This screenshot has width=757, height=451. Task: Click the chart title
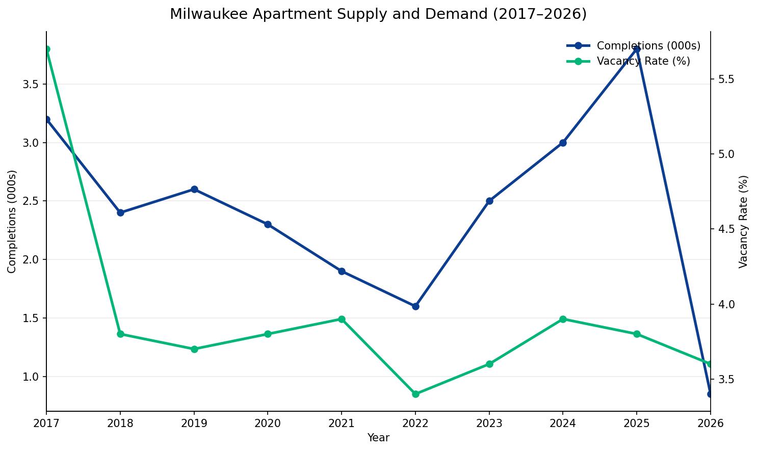click(378, 14)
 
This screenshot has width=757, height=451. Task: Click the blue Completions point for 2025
click(637, 49)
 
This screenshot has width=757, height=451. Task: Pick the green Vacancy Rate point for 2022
click(415, 394)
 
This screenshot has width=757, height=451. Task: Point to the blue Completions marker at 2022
click(415, 306)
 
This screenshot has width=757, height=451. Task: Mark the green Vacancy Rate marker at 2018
click(120, 334)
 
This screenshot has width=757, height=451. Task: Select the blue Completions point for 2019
click(194, 189)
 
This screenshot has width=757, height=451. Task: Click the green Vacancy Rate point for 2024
click(563, 319)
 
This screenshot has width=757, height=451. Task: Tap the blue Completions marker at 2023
click(489, 201)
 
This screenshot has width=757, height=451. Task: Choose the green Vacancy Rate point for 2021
click(342, 319)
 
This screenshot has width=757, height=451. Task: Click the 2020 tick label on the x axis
click(268, 422)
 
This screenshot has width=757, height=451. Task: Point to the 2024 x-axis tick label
click(563, 422)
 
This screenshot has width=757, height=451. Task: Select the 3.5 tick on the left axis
click(31, 84)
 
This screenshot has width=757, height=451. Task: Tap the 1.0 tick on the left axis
click(31, 377)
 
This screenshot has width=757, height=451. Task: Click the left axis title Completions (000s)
click(12, 221)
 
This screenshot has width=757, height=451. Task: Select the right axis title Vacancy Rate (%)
click(743, 221)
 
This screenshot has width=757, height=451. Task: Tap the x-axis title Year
click(378, 438)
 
